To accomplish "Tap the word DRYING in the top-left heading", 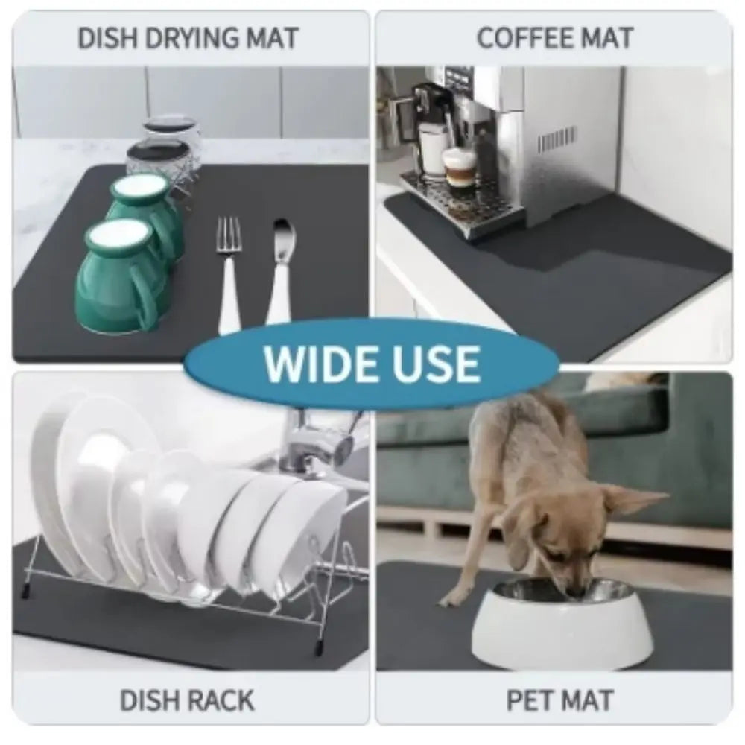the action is coord(193,37).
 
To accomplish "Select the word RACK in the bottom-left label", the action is coord(221,700).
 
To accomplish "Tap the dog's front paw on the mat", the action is coord(449,601).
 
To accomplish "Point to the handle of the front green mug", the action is coord(150,298).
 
